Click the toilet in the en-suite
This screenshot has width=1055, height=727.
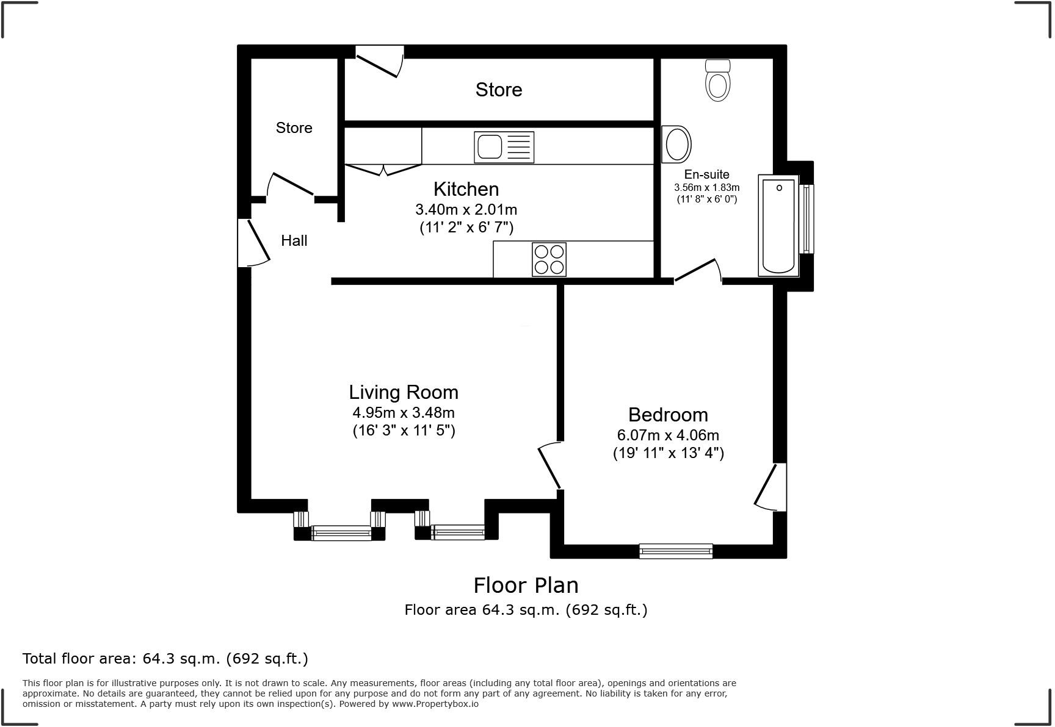[x=717, y=81]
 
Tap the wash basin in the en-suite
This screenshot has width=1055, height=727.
[x=676, y=145]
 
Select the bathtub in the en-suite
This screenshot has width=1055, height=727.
[x=778, y=226]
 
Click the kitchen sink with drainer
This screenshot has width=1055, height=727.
[x=504, y=147]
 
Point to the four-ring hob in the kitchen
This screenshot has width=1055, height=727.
[x=549, y=259]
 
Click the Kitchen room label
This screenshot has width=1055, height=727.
[x=466, y=189]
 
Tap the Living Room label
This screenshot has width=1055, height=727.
[x=404, y=392]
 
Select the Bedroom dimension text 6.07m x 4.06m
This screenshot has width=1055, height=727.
[x=668, y=435]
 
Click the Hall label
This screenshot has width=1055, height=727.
[x=294, y=241]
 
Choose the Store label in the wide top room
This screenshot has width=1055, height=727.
[x=498, y=90]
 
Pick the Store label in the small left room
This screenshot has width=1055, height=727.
[x=294, y=128]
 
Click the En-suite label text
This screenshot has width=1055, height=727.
[x=706, y=174]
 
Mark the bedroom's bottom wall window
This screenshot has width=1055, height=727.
[x=675, y=551]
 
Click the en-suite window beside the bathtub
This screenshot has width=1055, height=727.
[x=807, y=219]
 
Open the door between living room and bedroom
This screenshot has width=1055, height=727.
[x=549, y=467]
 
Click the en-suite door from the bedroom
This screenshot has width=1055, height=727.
[x=697, y=271]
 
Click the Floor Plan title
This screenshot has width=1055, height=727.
[x=526, y=586]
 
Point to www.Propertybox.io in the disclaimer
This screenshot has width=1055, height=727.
[x=435, y=704]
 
